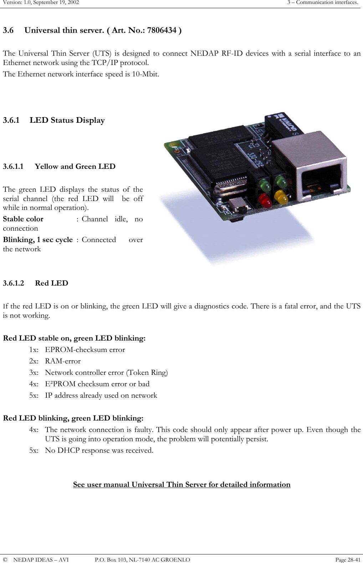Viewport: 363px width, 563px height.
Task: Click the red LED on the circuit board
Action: [x=264, y=200]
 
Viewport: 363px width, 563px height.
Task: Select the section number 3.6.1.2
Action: [x=14, y=283]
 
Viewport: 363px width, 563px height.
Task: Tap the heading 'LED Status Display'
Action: [x=67, y=120]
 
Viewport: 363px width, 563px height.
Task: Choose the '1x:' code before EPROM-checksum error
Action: [x=34, y=350]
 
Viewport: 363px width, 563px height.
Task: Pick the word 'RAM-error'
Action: [x=63, y=361]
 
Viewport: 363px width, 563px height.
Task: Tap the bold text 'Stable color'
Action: [x=23, y=219]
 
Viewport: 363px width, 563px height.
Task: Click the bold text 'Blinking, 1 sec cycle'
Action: [x=38, y=240]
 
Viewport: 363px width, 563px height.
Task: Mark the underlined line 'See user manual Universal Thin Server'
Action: [x=181, y=485]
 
